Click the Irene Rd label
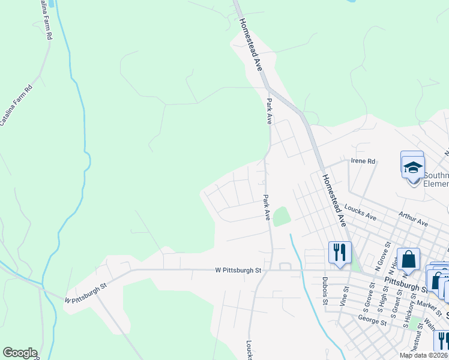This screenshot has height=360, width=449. coord(363,161)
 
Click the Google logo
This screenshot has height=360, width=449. coord(20,353)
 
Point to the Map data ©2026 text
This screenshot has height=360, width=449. coord(424,355)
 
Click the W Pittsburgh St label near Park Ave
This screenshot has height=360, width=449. coord(238,271)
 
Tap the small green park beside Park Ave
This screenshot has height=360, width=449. coord(281,216)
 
